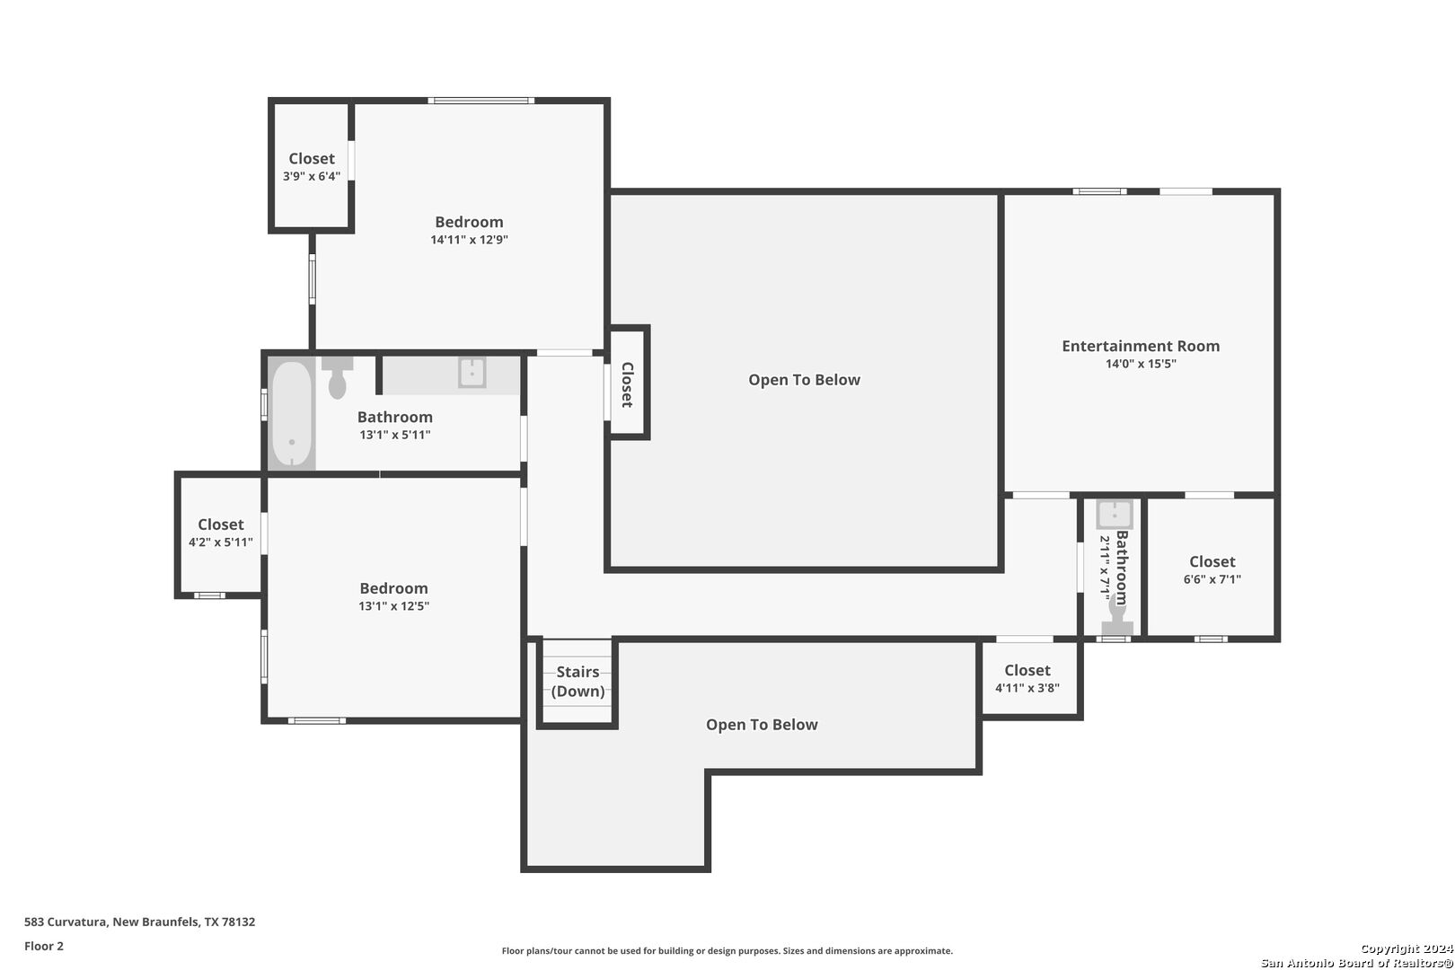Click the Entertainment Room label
coord(1141,346)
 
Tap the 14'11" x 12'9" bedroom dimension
coord(469,240)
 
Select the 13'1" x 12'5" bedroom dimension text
coord(393,606)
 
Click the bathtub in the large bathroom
coord(292,414)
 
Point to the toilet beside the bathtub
coord(337,377)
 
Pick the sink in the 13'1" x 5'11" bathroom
coord(472,373)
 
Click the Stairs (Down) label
coord(578,681)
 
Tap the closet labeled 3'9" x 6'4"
coord(312,166)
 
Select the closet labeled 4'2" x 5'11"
coord(221,533)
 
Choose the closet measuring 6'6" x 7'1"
coord(1212,569)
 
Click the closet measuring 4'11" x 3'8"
coord(1027,678)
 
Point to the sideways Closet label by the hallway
coord(628,385)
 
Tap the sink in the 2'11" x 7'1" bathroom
coord(1115,515)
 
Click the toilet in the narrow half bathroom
coord(1117,616)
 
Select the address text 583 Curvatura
coord(66,921)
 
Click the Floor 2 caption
coord(44,946)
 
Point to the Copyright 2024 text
coord(1406,948)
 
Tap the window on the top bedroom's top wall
coord(481,101)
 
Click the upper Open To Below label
coord(804,380)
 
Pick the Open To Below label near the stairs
coord(762,725)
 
